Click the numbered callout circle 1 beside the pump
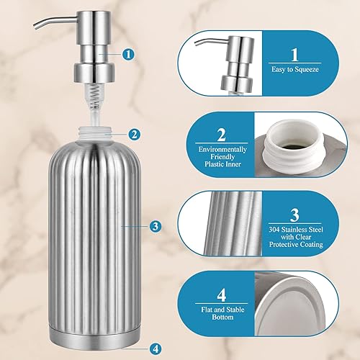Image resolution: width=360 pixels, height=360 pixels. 128,53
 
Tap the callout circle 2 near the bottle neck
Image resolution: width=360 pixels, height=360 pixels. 134,134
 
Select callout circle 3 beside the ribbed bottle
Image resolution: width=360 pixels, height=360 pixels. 155,226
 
